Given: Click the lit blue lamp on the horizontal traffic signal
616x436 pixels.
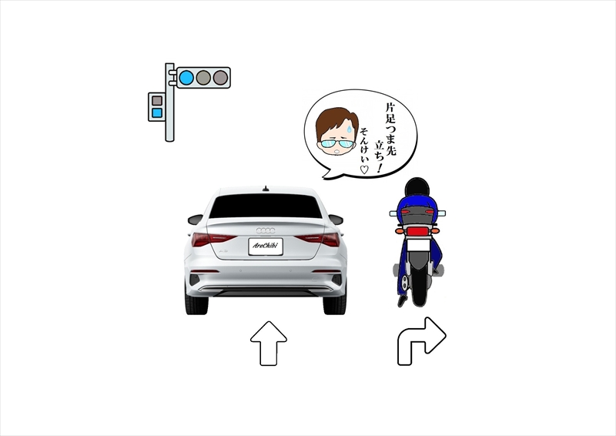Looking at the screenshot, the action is point(186,78).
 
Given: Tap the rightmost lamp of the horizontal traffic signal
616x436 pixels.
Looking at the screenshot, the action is point(220,78).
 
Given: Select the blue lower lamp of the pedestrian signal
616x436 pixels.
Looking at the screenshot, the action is point(157,112).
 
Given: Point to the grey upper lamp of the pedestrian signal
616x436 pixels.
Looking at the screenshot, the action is point(157,101).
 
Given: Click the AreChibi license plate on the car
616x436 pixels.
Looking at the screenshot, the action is point(266,246).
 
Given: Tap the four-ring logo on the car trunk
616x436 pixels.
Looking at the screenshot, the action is point(266,230).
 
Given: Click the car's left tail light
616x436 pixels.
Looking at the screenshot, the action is point(213,239).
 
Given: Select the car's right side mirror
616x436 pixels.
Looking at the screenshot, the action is point(336,220).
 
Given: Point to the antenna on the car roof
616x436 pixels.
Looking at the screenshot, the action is point(266,188).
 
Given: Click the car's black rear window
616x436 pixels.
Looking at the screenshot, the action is point(266,206).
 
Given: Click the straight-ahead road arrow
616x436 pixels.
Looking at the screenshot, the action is point(269,344).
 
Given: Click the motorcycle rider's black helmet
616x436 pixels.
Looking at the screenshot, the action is point(417,187).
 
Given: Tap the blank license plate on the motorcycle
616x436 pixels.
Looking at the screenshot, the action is point(419,246).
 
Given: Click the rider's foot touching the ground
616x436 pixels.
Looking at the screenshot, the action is point(401,301).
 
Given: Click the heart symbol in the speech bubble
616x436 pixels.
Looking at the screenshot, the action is point(363,169).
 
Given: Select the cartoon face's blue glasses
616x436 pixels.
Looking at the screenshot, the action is point(336,143).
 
